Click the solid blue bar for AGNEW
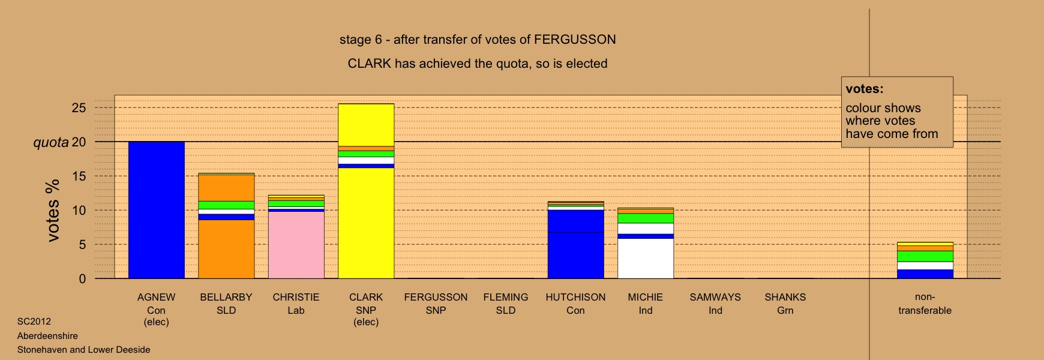[x=157, y=210]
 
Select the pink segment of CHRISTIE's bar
[x=296, y=245]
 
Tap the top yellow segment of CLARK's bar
[x=366, y=125]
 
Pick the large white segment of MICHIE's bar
[x=646, y=259]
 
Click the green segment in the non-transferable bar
[x=925, y=256]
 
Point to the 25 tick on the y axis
[x=79, y=108]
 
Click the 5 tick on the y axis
[x=82, y=245]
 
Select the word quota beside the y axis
[x=51, y=143]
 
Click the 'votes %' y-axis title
[x=53, y=210]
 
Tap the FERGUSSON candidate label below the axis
[x=436, y=297]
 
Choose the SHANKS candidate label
[x=785, y=297]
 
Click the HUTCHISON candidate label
[x=575, y=297]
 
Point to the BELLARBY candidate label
[x=226, y=297]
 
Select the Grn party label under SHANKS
[x=785, y=310]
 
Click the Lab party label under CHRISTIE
[x=296, y=310]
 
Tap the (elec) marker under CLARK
[x=366, y=322]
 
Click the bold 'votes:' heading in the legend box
[x=865, y=89]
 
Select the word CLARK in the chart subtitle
[x=369, y=64]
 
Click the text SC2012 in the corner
[x=34, y=322]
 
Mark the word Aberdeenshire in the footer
[x=47, y=336]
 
